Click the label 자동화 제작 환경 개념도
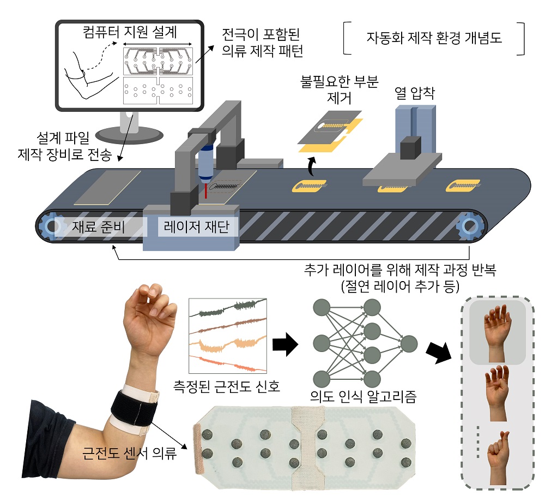434,39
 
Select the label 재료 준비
98,226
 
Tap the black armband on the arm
134,407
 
